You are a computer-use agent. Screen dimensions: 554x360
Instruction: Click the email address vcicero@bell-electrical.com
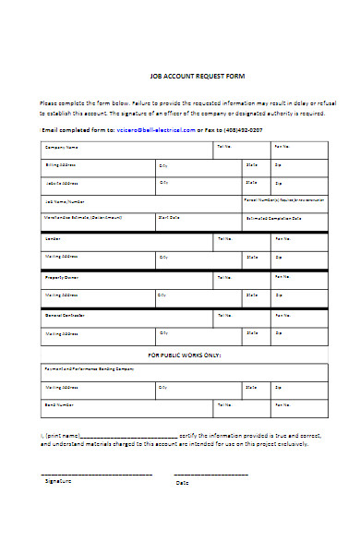tap(157, 130)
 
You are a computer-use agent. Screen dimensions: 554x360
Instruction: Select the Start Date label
tap(168, 219)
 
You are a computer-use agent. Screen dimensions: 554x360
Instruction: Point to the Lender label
tap(54, 238)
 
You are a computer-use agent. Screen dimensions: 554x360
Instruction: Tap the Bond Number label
tap(59, 404)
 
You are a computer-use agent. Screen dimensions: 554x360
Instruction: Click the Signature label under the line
tap(58, 480)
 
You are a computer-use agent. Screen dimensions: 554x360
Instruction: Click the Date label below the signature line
tap(182, 483)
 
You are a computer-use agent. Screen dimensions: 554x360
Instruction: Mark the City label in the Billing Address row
tap(163, 165)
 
